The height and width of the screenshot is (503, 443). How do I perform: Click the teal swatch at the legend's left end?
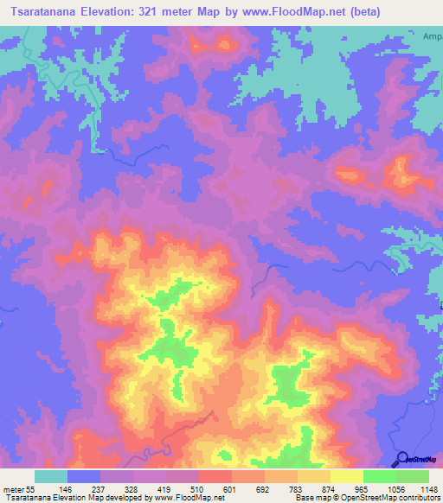click(x=50, y=476)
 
